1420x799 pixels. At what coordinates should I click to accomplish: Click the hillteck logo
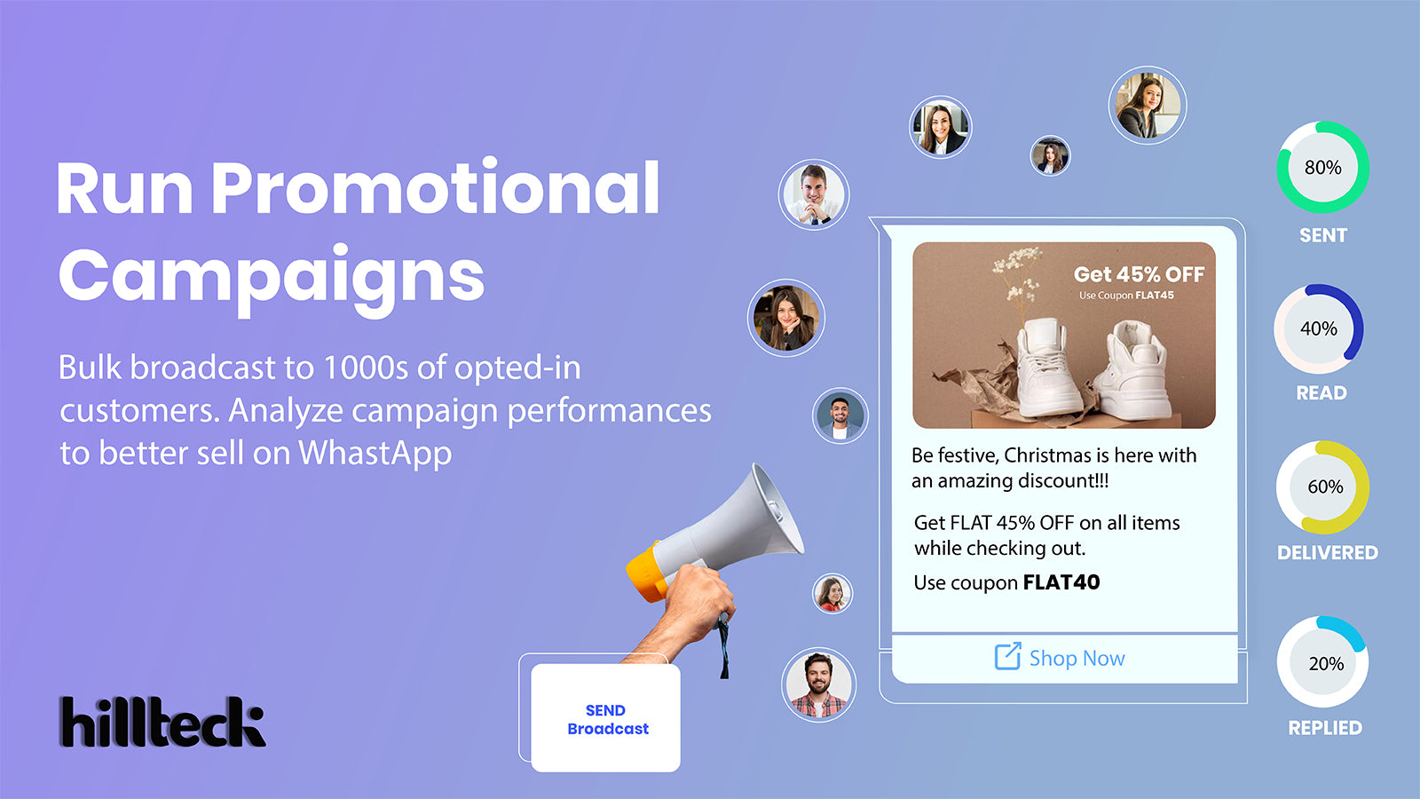tap(162, 721)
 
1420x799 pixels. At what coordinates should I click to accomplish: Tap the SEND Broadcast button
tap(607, 719)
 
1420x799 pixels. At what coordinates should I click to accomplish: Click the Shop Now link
tap(1076, 658)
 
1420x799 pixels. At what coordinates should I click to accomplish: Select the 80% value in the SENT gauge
tap(1322, 168)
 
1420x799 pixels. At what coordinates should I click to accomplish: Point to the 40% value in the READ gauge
tap(1318, 328)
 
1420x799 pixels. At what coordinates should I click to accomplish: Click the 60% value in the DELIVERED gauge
tap(1324, 487)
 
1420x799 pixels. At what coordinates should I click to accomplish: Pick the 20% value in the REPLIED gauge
tap(1325, 663)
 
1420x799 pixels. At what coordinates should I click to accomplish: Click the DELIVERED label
tap(1327, 552)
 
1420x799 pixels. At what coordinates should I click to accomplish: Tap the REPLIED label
tap(1324, 727)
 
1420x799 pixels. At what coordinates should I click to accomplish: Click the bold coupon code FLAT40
tap(1061, 582)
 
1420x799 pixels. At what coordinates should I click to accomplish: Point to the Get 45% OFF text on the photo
tap(1139, 274)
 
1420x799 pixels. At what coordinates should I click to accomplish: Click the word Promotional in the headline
tap(435, 188)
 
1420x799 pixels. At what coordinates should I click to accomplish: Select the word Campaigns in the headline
tap(272, 275)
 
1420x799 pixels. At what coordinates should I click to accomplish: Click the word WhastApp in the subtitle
tap(375, 453)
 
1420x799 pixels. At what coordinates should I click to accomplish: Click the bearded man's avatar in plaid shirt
tap(818, 684)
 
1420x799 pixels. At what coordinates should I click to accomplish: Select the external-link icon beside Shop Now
tap(1007, 657)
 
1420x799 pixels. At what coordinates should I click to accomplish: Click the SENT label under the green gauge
tap(1322, 235)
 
